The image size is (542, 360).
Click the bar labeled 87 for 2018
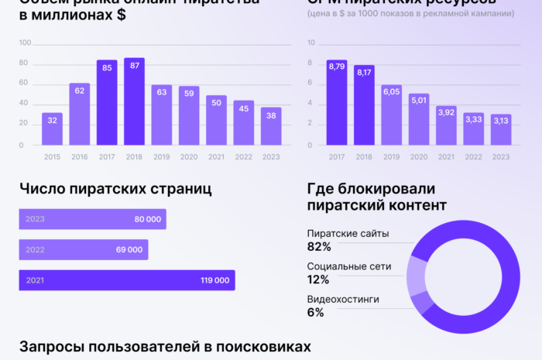click(135, 102)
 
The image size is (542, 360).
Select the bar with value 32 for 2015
click(52, 129)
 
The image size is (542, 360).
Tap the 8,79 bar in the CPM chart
click(337, 103)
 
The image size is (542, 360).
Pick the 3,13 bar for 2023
click(501, 130)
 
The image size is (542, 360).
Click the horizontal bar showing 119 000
click(126, 280)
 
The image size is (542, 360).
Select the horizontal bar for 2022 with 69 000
click(84, 249)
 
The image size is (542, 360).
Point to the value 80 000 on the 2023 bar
click(147, 219)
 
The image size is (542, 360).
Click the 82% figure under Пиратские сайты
click(319, 247)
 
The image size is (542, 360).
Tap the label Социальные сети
click(349, 266)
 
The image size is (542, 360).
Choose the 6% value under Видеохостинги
click(315, 313)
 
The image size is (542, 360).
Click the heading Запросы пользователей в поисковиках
click(165, 346)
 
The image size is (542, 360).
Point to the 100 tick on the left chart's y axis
click(25, 43)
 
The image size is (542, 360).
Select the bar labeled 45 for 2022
click(244, 123)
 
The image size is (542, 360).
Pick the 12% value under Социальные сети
click(318, 279)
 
